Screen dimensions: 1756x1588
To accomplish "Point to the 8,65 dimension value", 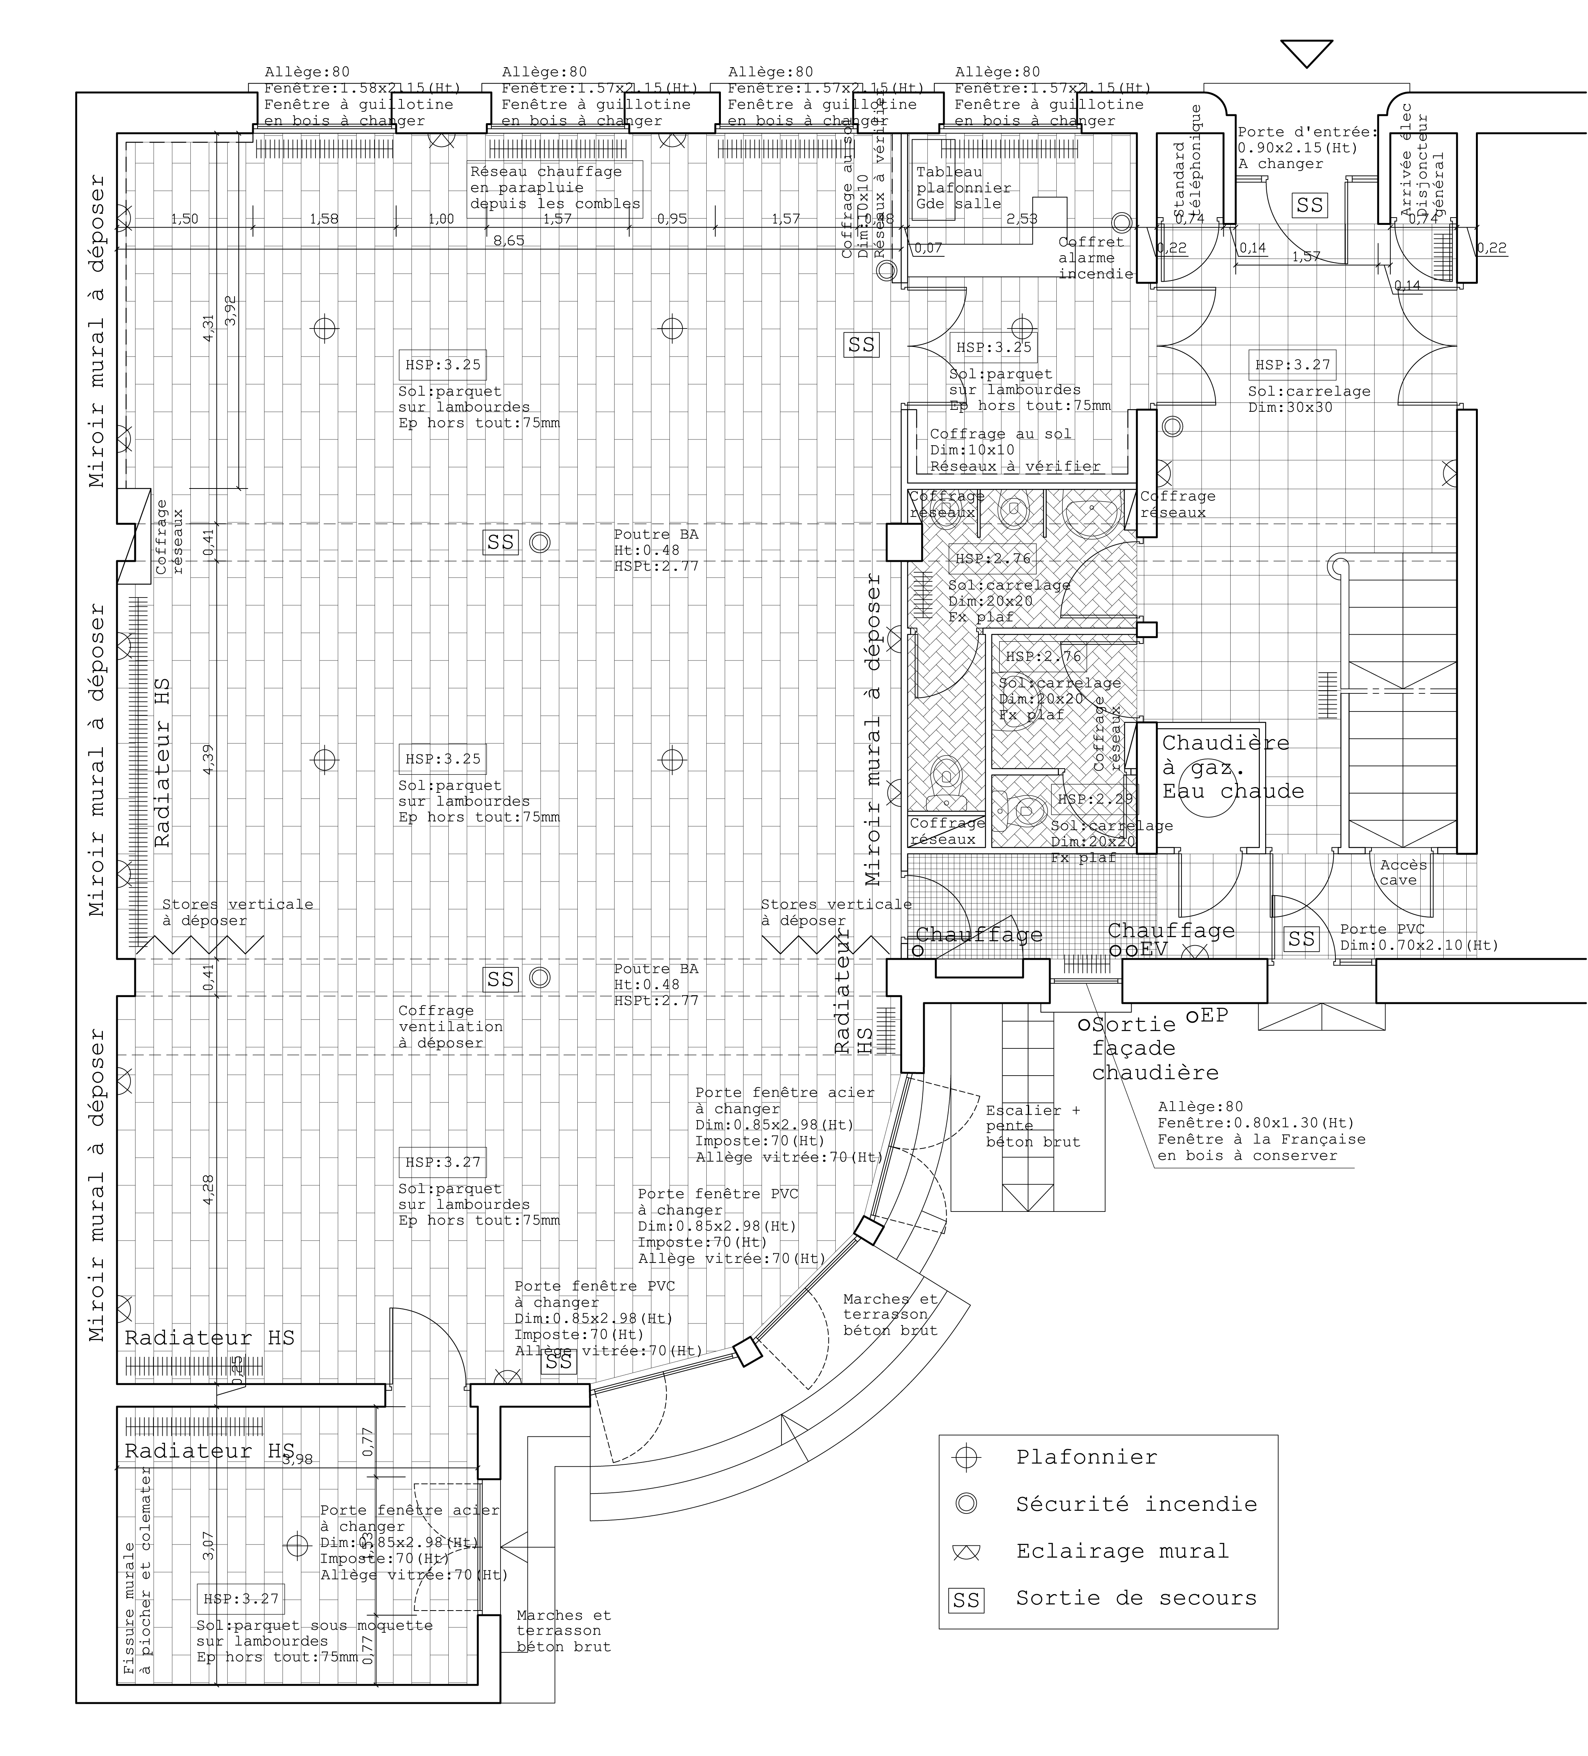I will tap(509, 240).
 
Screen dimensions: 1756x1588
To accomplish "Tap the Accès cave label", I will tap(1403, 872).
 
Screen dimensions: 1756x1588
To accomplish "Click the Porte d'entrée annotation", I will tap(1307, 148).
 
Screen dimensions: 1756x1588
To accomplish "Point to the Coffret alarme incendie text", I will tap(1095, 258).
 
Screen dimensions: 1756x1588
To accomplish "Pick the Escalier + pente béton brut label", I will tap(1032, 1126).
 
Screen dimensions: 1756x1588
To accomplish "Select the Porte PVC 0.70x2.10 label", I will tap(1418, 937).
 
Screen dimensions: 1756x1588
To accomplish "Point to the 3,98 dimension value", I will tap(297, 1459).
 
